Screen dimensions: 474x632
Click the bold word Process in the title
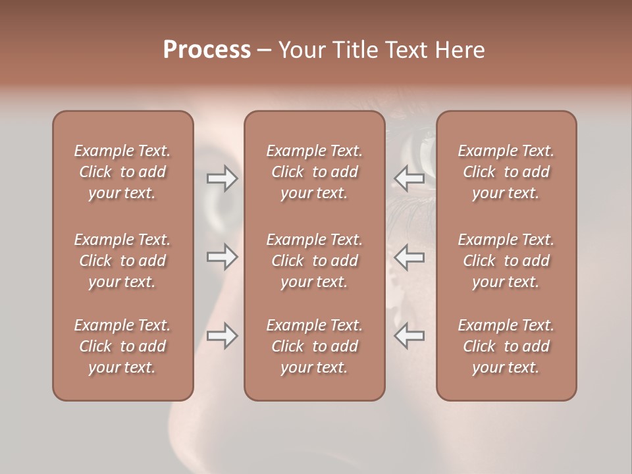click(x=207, y=50)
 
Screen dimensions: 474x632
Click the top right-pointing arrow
click(x=222, y=178)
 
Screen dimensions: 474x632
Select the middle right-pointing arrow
click(x=222, y=257)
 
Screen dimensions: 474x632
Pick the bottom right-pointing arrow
click(x=222, y=336)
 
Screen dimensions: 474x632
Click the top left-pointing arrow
click(x=409, y=178)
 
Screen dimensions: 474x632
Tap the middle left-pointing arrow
click(x=409, y=257)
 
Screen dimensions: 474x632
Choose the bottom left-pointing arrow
click(x=409, y=336)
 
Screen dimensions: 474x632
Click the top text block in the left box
click(x=122, y=172)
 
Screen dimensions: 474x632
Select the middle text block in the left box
click(x=122, y=261)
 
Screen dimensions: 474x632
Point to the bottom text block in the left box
click(x=122, y=346)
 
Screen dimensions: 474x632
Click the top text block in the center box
click(x=314, y=172)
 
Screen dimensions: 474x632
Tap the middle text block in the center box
click(x=314, y=261)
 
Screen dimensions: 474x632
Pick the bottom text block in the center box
click(x=314, y=346)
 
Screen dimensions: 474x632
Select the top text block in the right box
click(x=506, y=172)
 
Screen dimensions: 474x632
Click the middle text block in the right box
click(x=506, y=261)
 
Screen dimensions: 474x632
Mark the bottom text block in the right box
click(x=506, y=346)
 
